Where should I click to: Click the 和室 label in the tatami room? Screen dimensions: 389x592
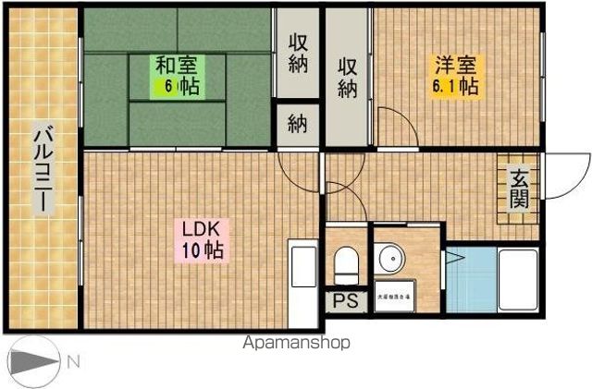[177, 66]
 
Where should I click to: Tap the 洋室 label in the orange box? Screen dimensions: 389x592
[456, 66]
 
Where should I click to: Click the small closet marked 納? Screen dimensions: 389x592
[297, 126]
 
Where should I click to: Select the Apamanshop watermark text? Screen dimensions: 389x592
[295, 343]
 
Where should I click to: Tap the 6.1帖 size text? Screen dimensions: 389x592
[455, 87]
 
